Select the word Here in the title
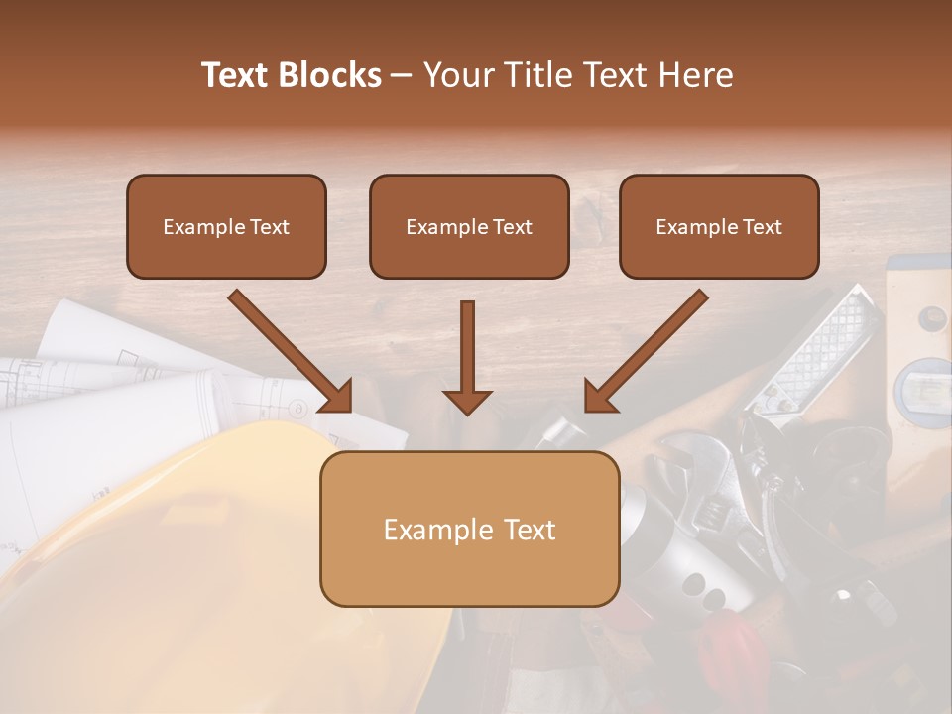coord(698,75)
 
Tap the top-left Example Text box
coord(226,227)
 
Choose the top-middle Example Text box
coord(469,227)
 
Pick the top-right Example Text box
coord(719,227)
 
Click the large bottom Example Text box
coord(469,530)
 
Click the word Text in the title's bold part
coord(237,75)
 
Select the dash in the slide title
coord(402,76)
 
